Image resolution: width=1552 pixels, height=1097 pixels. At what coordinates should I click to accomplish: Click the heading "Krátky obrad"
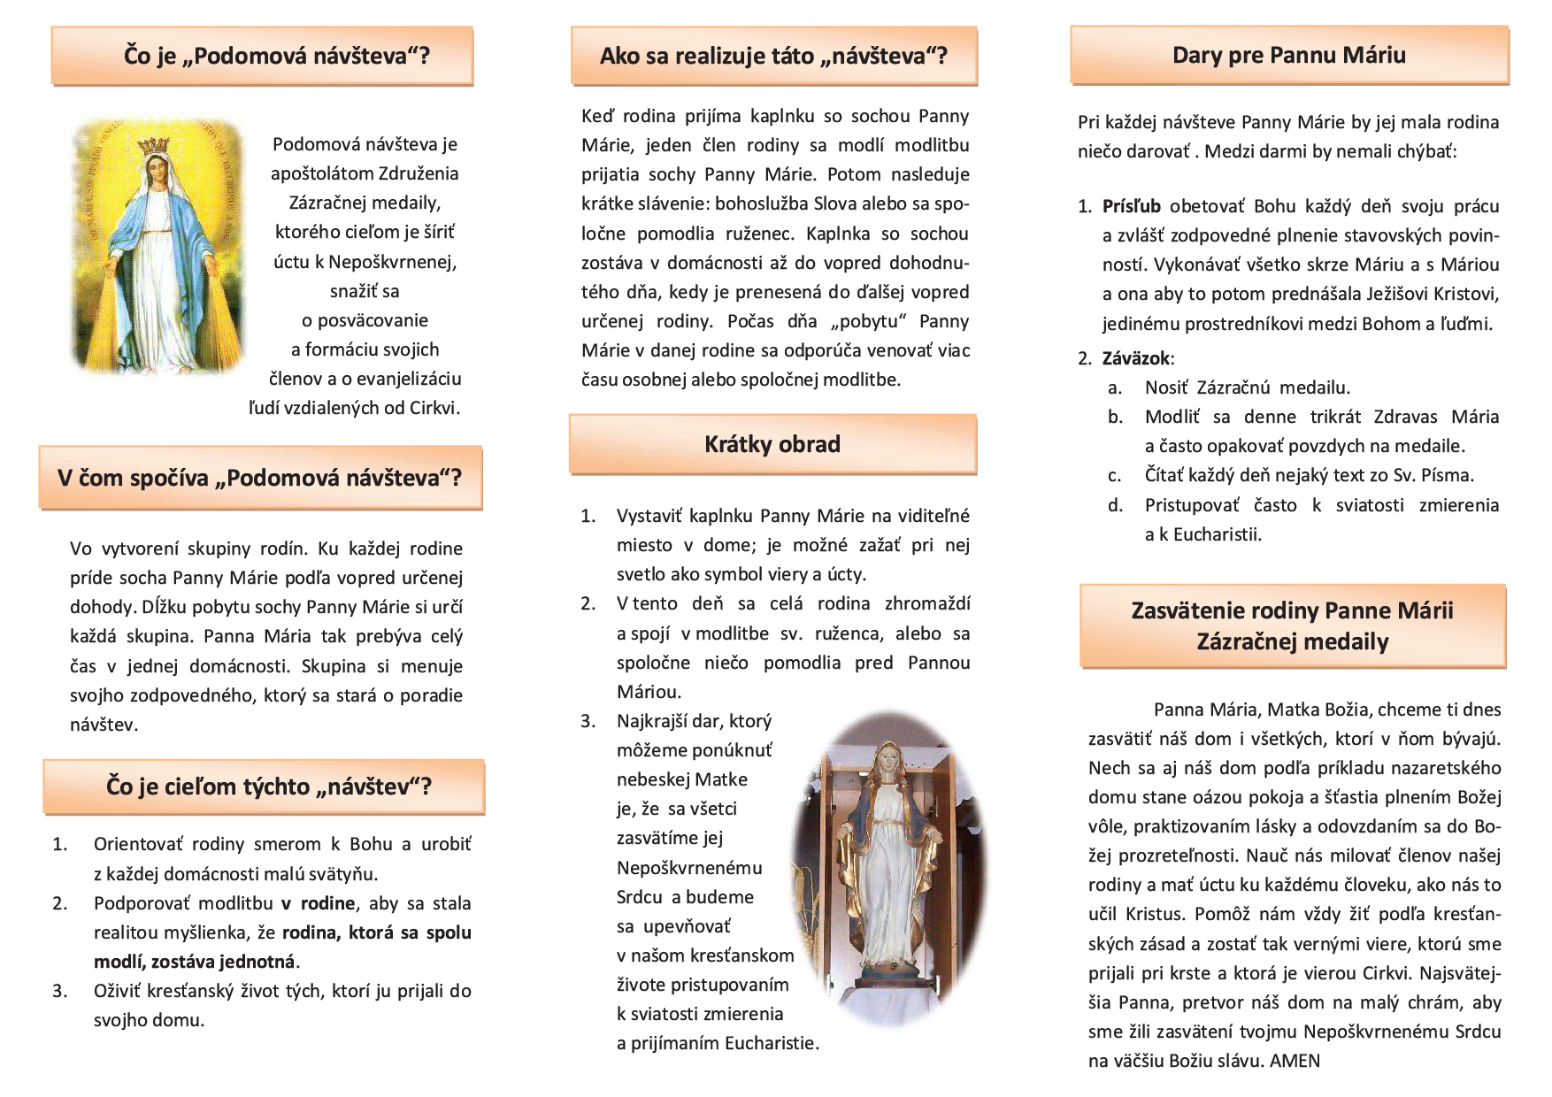(x=772, y=444)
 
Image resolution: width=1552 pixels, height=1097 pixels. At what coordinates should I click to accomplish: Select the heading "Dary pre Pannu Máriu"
(x=1288, y=55)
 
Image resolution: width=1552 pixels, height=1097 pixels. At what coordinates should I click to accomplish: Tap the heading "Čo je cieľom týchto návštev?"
(x=268, y=786)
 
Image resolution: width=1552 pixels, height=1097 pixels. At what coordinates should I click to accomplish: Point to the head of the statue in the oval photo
(x=886, y=760)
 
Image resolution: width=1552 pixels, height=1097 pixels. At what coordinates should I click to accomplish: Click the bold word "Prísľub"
(x=1131, y=206)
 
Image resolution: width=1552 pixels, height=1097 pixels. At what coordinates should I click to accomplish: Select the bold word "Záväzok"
(x=1136, y=358)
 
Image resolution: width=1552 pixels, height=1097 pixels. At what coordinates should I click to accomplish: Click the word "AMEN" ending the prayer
(x=1295, y=1061)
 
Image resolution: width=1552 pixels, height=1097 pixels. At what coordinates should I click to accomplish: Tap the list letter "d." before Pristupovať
(x=1115, y=505)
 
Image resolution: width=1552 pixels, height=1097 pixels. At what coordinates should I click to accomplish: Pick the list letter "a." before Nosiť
(x=1115, y=387)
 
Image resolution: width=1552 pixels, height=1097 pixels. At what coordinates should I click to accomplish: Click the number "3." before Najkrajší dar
(x=588, y=721)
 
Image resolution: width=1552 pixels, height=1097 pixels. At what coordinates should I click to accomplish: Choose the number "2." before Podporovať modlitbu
(x=60, y=903)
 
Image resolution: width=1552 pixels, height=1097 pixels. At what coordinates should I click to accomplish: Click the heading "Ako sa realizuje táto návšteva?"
(x=773, y=56)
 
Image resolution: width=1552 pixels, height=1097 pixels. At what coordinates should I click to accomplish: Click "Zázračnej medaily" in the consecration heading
(x=1292, y=641)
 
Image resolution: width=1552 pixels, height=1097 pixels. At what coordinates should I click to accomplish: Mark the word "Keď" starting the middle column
(x=596, y=116)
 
